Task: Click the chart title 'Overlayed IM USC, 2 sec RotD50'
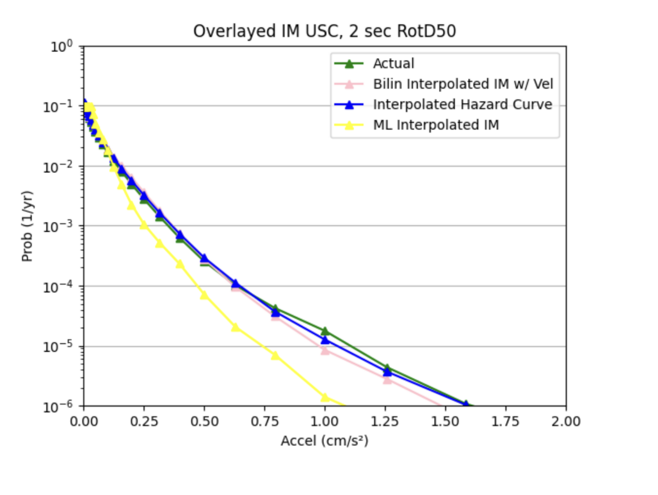[x=324, y=31]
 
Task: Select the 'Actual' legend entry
[x=393, y=64]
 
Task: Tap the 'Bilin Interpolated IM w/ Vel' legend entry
[x=463, y=84]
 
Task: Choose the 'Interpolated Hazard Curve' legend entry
[x=462, y=105]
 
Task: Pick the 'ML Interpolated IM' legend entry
[x=436, y=125]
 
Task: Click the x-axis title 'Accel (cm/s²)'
[x=324, y=441]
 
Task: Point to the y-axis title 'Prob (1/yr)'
[x=27, y=226]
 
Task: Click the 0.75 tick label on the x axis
[x=265, y=421]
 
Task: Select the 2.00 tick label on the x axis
[x=565, y=421]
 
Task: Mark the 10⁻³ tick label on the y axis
[x=57, y=226]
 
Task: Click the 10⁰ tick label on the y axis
[x=61, y=46]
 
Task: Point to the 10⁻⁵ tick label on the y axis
[x=57, y=346]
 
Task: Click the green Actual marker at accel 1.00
[x=325, y=331]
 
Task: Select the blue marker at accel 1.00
[x=325, y=340]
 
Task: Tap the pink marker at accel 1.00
[x=325, y=350]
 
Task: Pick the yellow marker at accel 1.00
[x=325, y=397]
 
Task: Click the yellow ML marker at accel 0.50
[x=204, y=295]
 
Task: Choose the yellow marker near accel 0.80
[x=275, y=355]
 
